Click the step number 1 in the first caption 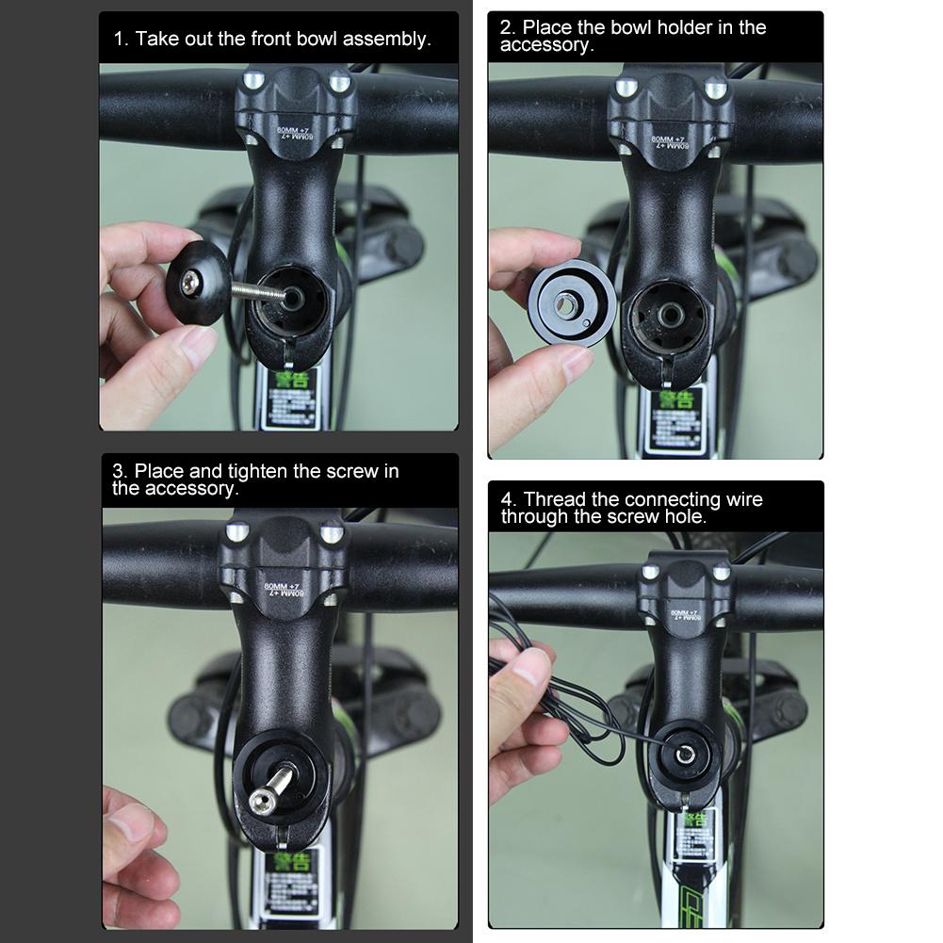tap(119, 40)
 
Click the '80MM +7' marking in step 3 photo tap(285, 590)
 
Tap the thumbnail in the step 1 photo tap(197, 347)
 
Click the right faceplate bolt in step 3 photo tap(332, 535)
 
